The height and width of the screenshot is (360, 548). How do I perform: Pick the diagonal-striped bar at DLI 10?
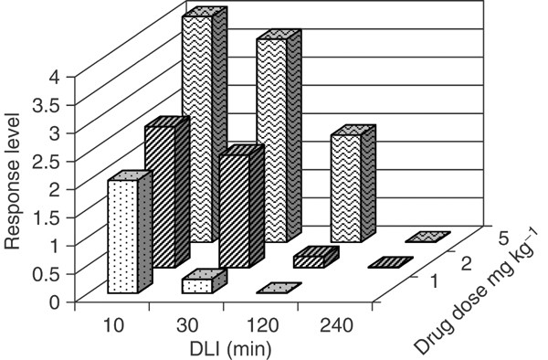coord(159,196)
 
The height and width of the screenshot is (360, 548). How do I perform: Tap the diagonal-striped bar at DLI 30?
coord(234,210)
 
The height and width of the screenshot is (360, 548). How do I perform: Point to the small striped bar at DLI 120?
coord(308,261)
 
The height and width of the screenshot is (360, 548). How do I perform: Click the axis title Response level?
coord(16,187)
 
